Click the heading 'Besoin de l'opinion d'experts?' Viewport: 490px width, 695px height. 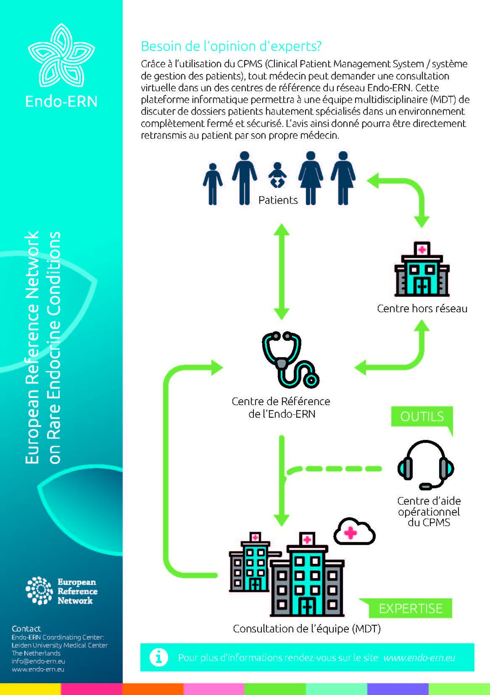tap(231, 46)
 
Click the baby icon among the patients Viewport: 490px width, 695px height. tap(278, 175)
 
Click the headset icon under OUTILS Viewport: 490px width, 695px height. tap(426, 465)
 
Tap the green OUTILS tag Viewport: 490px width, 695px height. tap(422, 417)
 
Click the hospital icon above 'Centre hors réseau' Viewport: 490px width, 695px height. tap(422, 269)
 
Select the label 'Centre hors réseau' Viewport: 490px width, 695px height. tap(422, 308)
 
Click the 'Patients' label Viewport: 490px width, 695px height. tap(278, 200)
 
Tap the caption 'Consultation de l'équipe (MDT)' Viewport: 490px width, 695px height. tap(307, 629)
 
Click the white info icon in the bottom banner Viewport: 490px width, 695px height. tap(159, 657)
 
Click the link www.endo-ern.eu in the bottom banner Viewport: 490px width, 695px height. tap(419, 658)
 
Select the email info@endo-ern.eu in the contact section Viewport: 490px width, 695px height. tap(38, 661)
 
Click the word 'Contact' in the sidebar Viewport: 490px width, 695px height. tap(26, 629)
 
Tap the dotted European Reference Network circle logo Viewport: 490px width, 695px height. tap(39, 591)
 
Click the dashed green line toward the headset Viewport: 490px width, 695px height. tap(334, 469)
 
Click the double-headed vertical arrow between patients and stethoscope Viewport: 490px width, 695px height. tap(282, 272)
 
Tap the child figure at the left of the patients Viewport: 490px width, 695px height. tap(212, 184)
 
